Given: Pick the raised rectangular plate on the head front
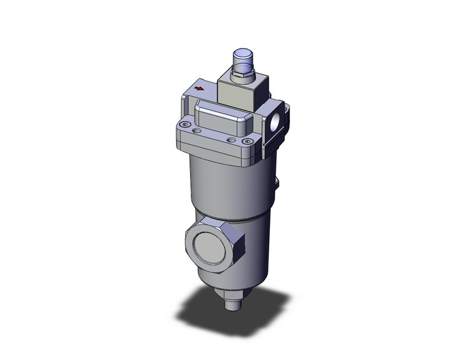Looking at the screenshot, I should (221, 120).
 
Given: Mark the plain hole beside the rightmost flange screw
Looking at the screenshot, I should (231, 140).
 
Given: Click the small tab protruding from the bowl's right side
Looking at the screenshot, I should (277, 183).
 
